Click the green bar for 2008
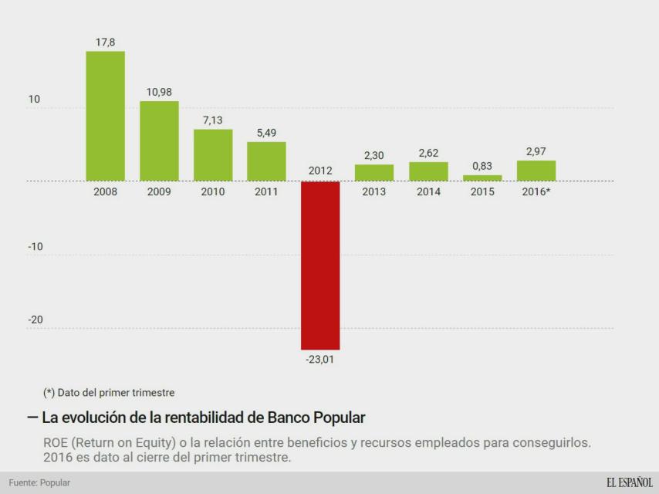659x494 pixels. (105, 116)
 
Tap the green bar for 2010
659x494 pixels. (213, 154)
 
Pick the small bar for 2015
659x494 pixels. (482, 178)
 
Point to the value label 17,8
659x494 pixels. (105, 42)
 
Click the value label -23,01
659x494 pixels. (320, 358)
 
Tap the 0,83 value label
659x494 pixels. (482, 167)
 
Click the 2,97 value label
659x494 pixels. (536, 152)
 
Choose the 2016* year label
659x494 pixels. (536, 192)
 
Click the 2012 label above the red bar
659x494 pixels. (320, 171)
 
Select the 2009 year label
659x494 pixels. (159, 192)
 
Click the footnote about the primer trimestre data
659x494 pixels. (109, 393)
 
